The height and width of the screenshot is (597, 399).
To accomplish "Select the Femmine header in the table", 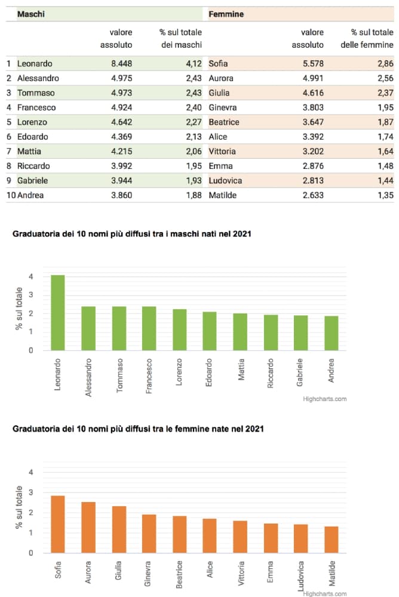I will (x=226, y=14).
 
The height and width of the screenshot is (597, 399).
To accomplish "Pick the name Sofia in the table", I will (x=218, y=63).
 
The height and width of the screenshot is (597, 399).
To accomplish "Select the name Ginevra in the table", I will (x=223, y=107).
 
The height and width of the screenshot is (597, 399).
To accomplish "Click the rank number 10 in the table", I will (x=10, y=195).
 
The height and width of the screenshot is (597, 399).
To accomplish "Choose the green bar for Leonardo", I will (x=58, y=313).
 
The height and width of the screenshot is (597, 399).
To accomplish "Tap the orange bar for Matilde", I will (x=332, y=540).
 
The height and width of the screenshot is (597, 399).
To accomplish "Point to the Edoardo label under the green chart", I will (x=210, y=372).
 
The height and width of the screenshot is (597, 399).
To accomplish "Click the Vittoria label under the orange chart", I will (x=240, y=573).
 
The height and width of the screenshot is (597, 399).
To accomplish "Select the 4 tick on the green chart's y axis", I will (x=31, y=276).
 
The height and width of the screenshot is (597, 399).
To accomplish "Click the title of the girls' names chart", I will (x=138, y=429).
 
